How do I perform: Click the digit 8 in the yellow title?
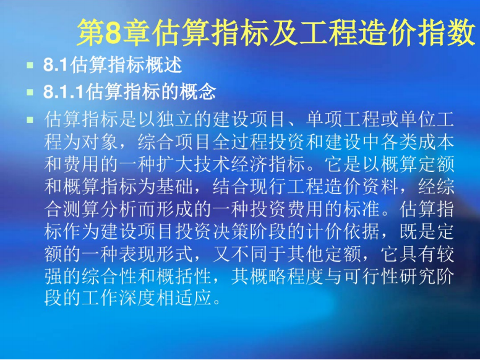tap(114, 32)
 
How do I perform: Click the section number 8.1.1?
tap(64, 92)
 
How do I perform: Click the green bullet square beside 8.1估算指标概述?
tap(30, 65)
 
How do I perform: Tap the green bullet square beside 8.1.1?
tap(30, 92)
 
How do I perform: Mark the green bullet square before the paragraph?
tap(30, 119)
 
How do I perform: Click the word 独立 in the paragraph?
tap(176, 119)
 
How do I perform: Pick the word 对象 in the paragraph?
tap(100, 142)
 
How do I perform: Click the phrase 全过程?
tap(241, 142)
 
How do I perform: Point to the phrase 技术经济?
tap(231, 165)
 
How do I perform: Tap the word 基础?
tap(176, 187)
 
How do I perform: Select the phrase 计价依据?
tap(343, 231)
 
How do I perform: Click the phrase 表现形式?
tap(156, 254)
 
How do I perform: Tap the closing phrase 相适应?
tap(184, 298)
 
